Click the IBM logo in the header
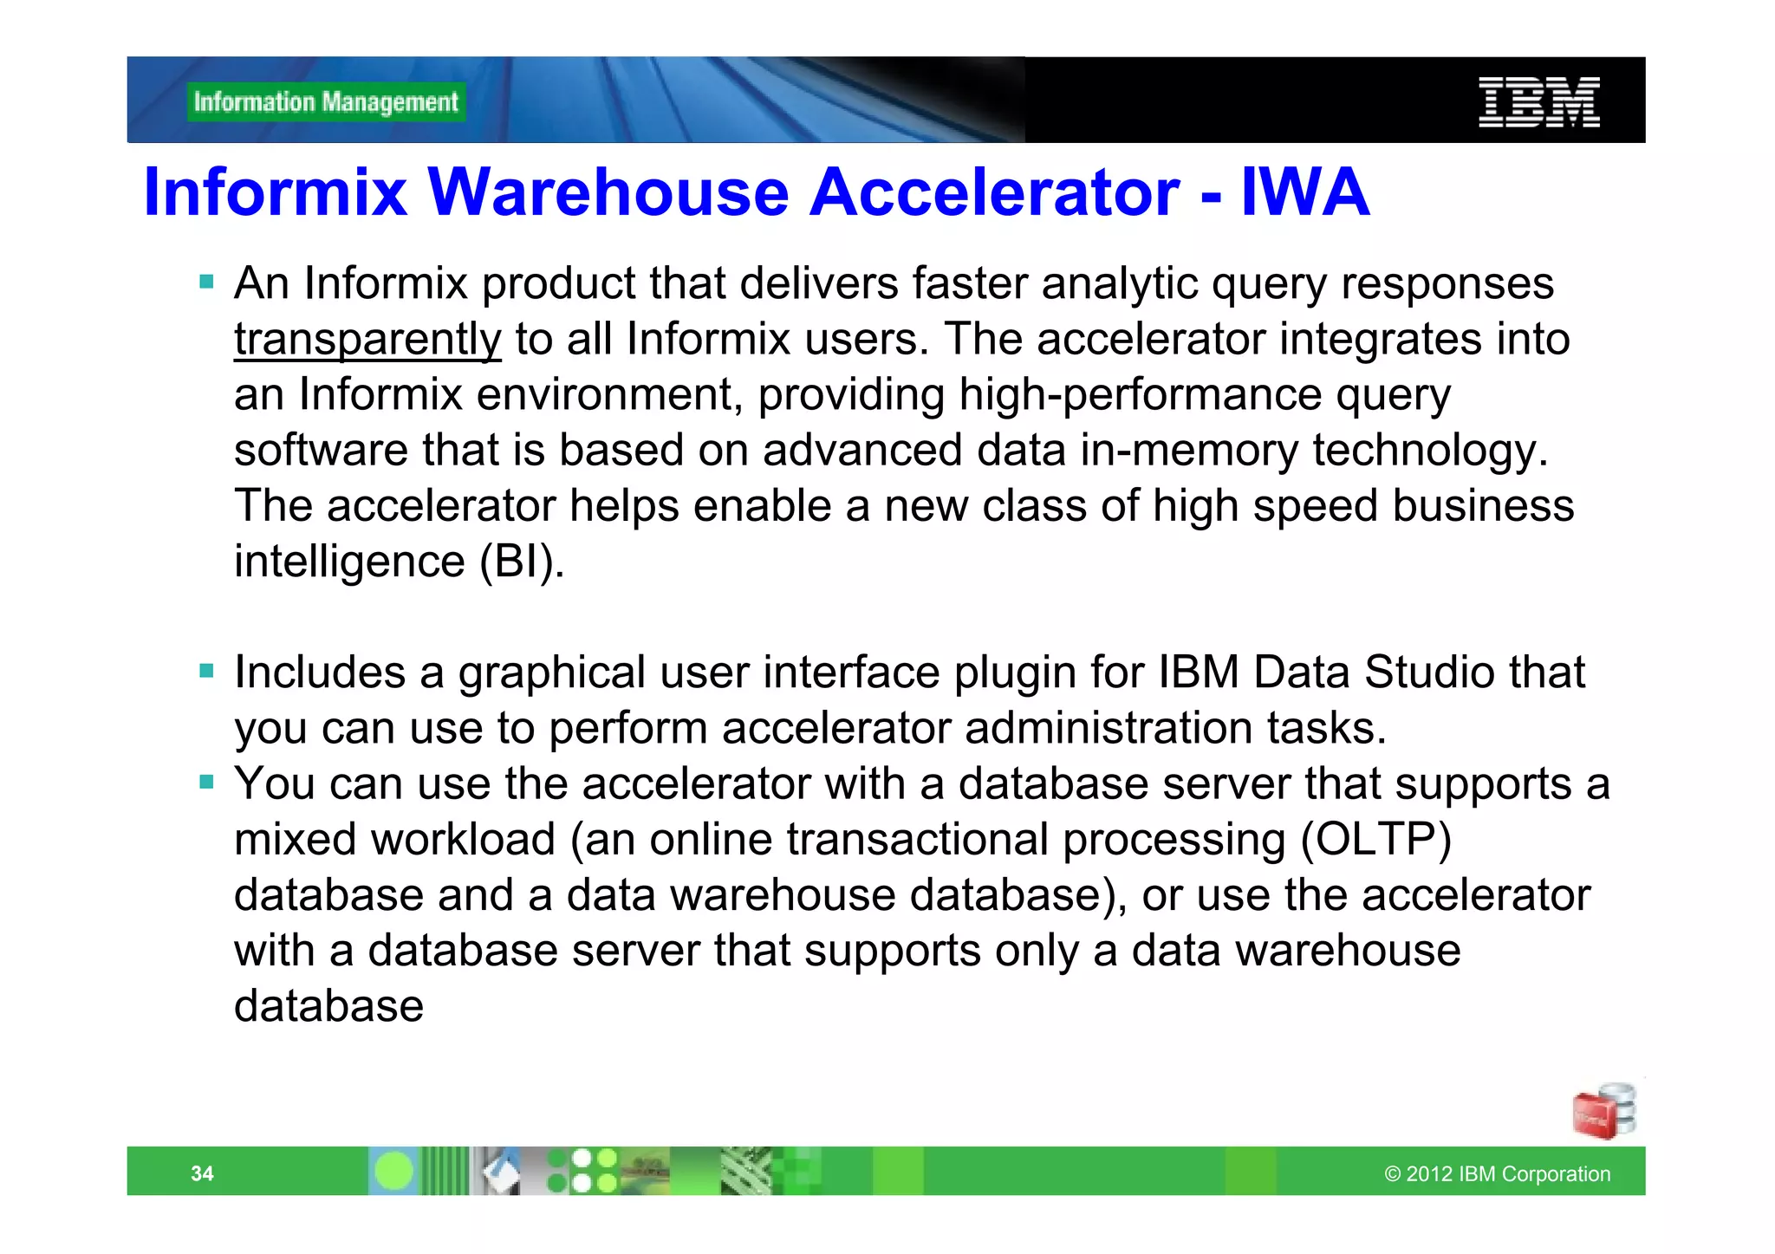pos(1538,102)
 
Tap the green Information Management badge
pos(326,102)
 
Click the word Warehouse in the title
pos(608,192)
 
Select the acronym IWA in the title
pos(1304,192)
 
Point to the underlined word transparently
pos(367,339)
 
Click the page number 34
pos(202,1173)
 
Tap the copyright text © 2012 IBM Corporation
pos(1497,1173)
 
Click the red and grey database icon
pos(1604,1111)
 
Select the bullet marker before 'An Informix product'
pos(206,282)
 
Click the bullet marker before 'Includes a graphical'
pos(206,671)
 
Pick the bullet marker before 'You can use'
pos(206,783)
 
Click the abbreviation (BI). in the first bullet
pos(522,562)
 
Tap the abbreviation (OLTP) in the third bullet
pos(1375,839)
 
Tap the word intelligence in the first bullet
pos(349,562)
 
